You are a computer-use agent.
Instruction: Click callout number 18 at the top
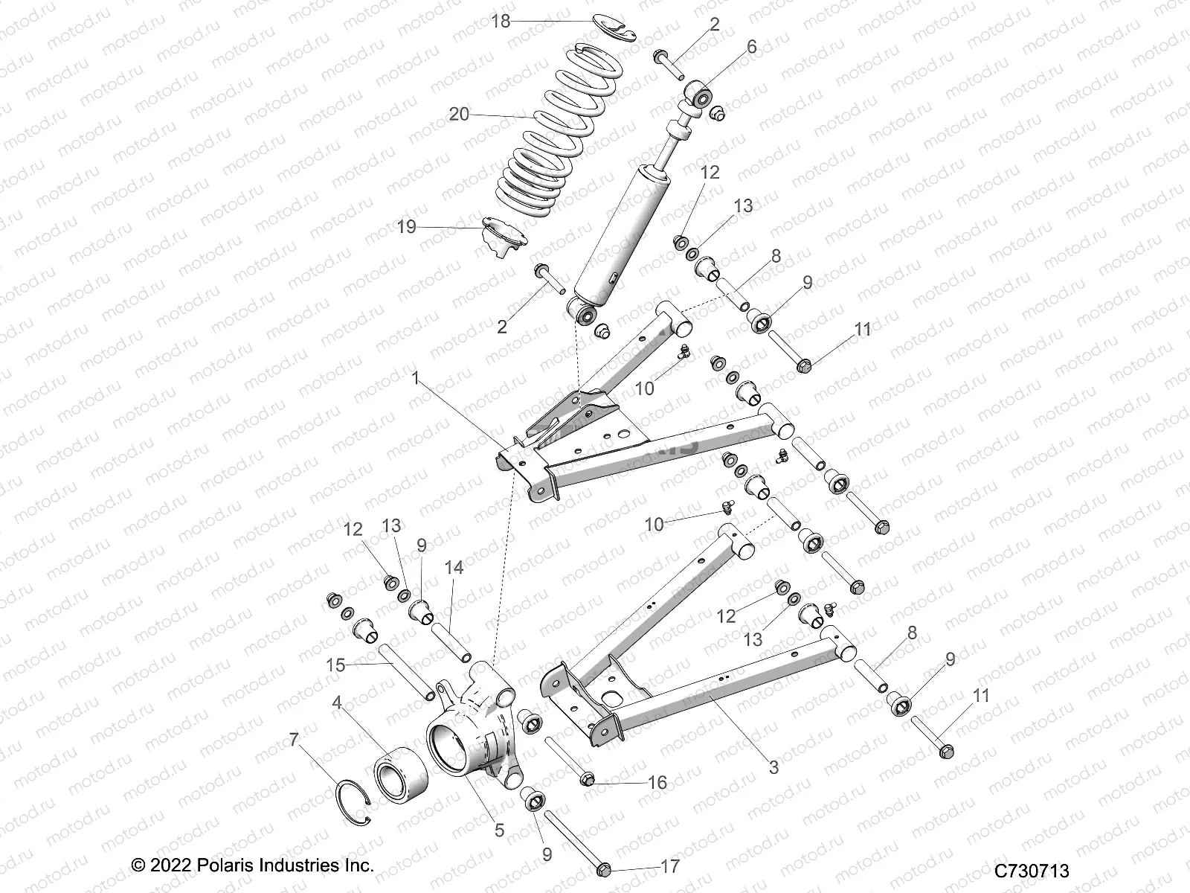click(x=501, y=21)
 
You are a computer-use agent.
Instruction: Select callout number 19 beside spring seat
click(x=406, y=226)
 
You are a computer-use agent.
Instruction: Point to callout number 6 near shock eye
click(x=751, y=47)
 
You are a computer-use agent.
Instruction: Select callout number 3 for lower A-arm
click(x=773, y=767)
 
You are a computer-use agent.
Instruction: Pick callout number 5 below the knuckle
click(x=499, y=830)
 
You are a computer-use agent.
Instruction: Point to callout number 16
click(x=657, y=783)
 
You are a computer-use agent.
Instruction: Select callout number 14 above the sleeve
click(x=454, y=568)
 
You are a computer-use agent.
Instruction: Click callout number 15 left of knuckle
click(x=336, y=665)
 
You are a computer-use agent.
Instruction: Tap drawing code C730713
click(x=1034, y=871)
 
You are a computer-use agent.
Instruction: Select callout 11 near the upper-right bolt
click(x=862, y=329)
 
